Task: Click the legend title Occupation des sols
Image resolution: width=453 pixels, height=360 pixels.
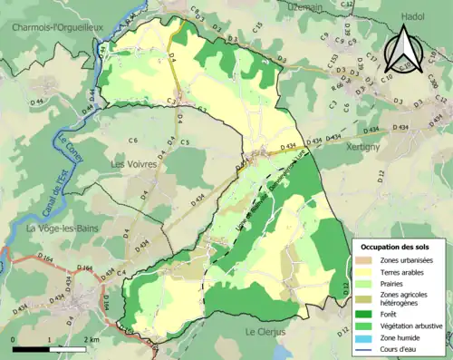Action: click(x=401, y=247)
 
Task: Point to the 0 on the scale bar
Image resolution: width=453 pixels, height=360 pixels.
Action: click(x=14, y=339)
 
